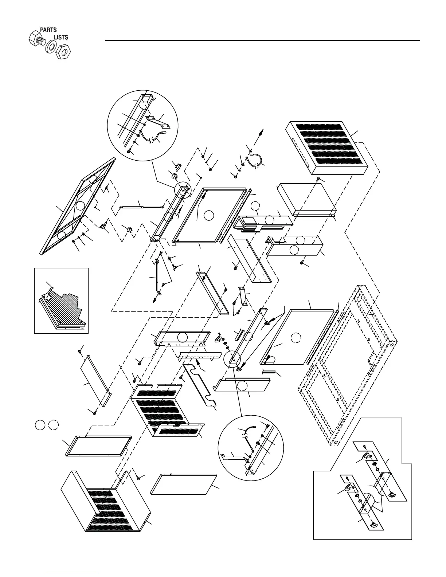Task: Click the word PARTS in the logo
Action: [48, 30]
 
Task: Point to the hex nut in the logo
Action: [63, 51]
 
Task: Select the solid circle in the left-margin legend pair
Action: [40, 425]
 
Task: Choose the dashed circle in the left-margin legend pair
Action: [53, 425]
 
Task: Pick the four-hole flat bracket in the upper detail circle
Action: [158, 122]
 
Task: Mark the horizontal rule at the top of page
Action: [262, 40]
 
